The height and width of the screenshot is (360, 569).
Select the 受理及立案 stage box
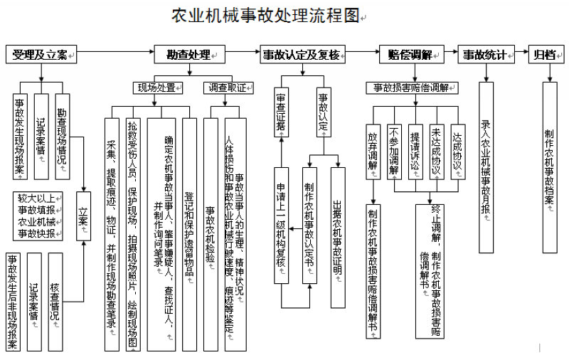(x=41, y=54)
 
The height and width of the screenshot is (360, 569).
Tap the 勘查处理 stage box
(x=189, y=54)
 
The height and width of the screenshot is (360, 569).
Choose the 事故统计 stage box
(x=486, y=54)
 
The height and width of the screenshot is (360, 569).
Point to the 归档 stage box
(x=546, y=54)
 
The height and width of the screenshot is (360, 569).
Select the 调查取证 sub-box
(x=228, y=88)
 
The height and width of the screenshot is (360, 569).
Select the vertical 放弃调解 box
(x=373, y=151)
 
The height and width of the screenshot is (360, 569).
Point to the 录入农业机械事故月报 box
(x=486, y=166)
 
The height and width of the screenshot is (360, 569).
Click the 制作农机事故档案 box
(x=549, y=166)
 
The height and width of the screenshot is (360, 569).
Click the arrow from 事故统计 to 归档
(x=521, y=54)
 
